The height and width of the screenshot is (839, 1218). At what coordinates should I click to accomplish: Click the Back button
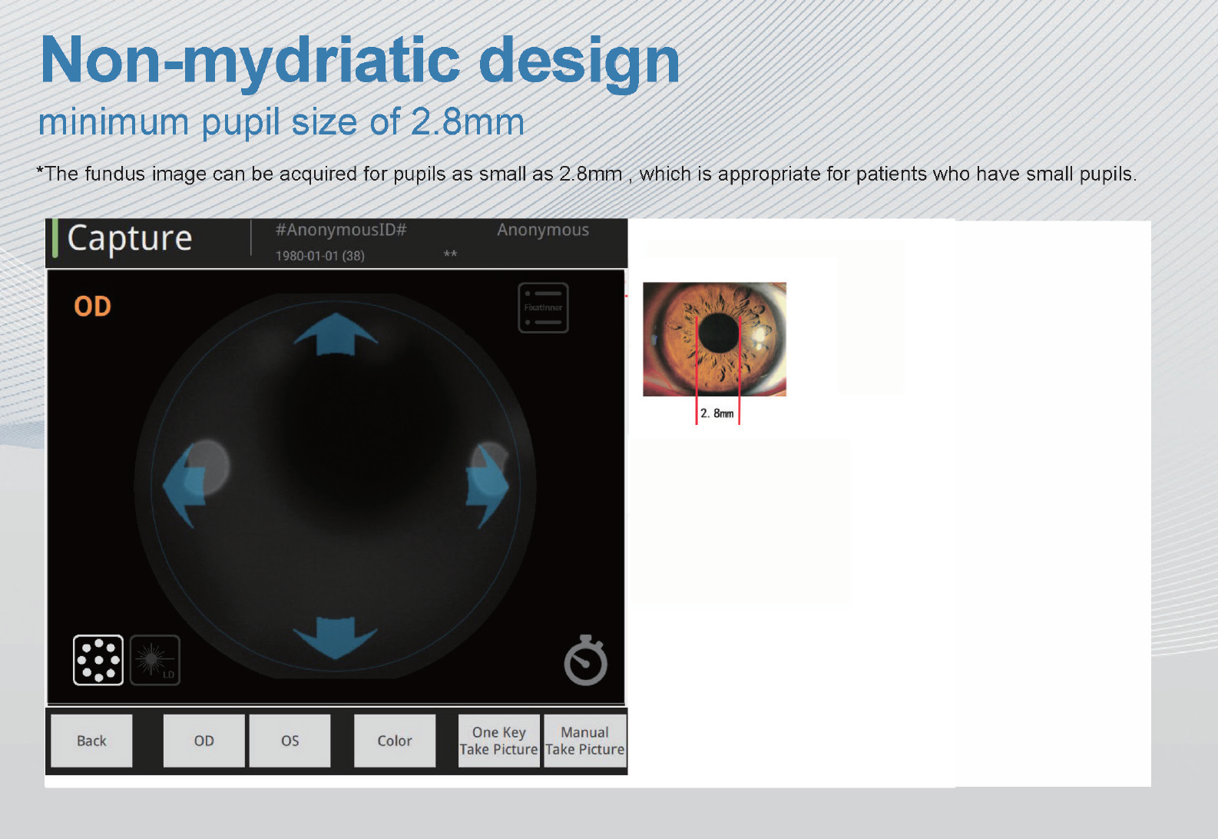pyautogui.click(x=91, y=741)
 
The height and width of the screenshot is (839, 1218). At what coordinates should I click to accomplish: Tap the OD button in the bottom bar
pyautogui.click(x=204, y=741)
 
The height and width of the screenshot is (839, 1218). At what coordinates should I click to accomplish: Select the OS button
pyautogui.click(x=290, y=741)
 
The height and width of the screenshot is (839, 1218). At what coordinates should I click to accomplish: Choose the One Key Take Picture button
pyautogui.click(x=498, y=741)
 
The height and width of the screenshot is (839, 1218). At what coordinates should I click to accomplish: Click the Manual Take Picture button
pyautogui.click(x=584, y=741)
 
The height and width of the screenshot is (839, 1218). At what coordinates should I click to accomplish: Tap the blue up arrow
pyautogui.click(x=336, y=335)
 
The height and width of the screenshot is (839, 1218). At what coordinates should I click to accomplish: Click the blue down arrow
pyautogui.click(x=336, y=636)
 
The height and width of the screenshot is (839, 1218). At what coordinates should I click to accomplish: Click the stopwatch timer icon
pyautogui.click(x=585, y=661)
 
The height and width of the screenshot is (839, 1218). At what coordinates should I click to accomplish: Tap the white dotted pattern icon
pyautogui.click(x=98, y=659)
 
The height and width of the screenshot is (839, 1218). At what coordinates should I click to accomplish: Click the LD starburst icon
pyautogui.click(x=155, y=659)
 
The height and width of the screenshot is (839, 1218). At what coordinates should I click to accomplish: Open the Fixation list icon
pyautogui.click(x=543, y=307)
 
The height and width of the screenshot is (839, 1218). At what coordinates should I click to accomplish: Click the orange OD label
pyautogui.click(x=92, y=307)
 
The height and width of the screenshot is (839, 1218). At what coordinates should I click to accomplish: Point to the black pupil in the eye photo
pyautogui.click(x=719, y=333)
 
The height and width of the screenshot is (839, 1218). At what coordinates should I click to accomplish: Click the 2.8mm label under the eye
pyautogui.click(x=717, y=413)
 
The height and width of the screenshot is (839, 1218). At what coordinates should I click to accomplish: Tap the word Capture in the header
pyautogui.click(x=130, y=239)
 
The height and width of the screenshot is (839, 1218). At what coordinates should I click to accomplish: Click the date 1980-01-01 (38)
pyautogui.click(x=319, y=256)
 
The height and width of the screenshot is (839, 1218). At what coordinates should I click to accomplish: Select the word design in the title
pyautogui.click(x=579, y=61)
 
